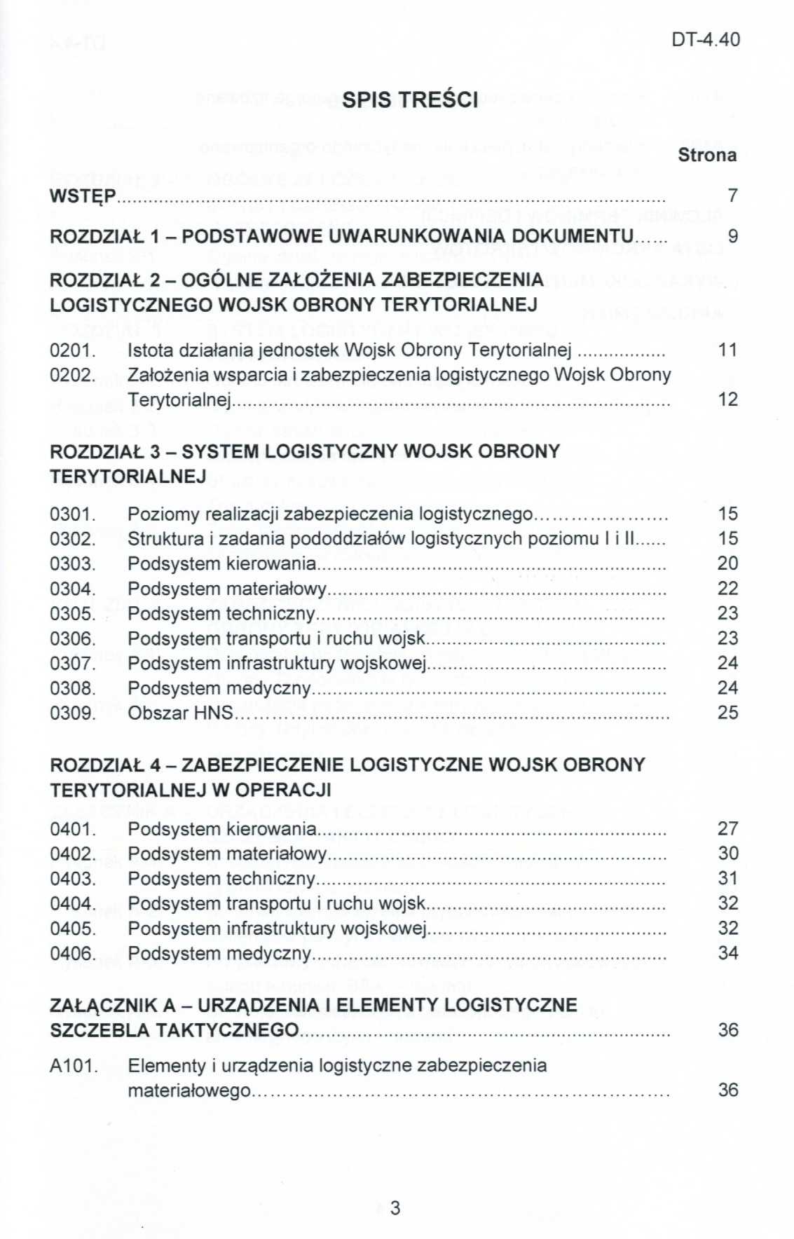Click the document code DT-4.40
[x=705, y=40]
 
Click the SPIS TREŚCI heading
[x=409, y=100]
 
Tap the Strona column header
[x=706, y=155]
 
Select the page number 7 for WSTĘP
[x=732, y=196]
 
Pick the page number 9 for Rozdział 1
[x=732, y=236]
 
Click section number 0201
[x=72, y=350]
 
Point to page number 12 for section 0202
[x=727, y=399]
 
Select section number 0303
[x=72, y=564]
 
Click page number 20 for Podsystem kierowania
[x=727, y=563]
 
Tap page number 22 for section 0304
[x=727, y=589]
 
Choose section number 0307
[x=72, y=664]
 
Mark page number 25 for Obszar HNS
[x=727, y=713]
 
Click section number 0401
[x=72, y=830]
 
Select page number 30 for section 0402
[x=727, y=854]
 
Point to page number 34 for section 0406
[x=727, y=953]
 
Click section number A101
[x=72, y=1067]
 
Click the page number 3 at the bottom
[x=395, y=1208]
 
